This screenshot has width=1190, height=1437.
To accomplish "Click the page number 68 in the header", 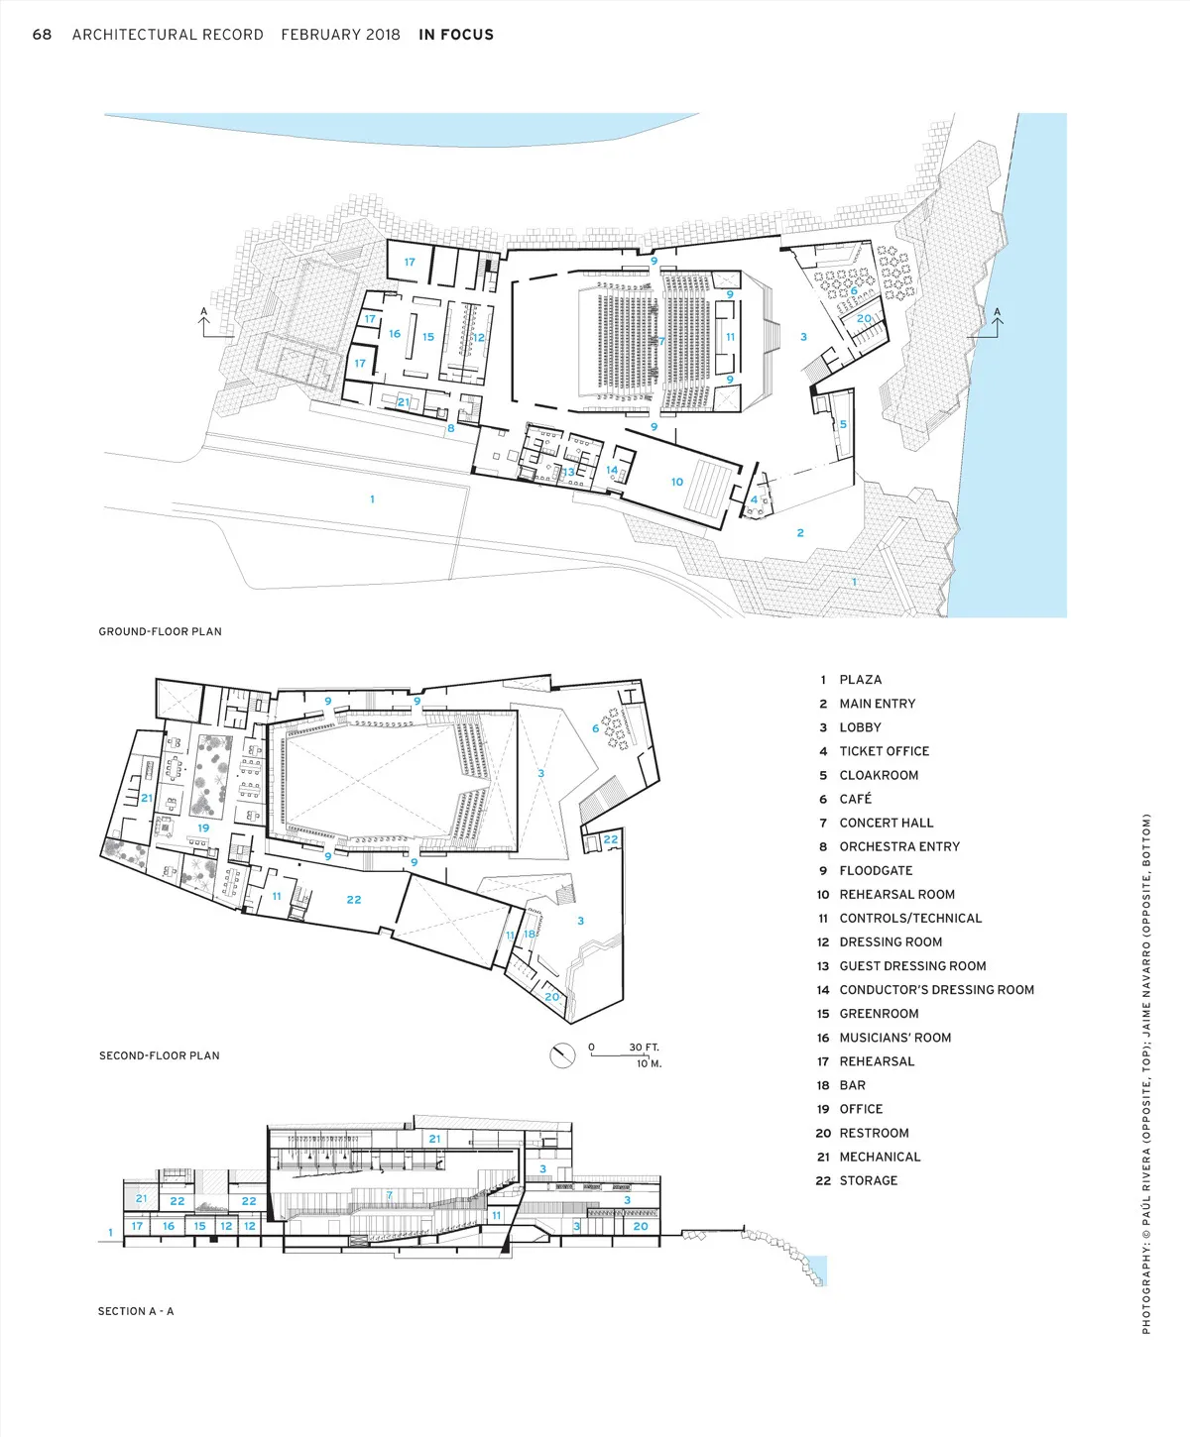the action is [x=42, y=35].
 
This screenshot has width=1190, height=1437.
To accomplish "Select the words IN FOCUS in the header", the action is [x=456, y=35].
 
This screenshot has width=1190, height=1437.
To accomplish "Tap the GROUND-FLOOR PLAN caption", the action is [x=160, y=631].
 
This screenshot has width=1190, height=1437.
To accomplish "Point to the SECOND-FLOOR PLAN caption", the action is [x=159, y=1055].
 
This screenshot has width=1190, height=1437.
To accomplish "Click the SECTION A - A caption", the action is [x=136, y=1311].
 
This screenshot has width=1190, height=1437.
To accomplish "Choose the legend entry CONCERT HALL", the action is [x=887, y=823].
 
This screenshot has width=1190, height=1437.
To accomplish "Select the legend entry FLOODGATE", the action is [x=876, y=870].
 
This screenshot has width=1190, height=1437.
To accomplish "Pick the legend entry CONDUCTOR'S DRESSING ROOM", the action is [x=936, y=990].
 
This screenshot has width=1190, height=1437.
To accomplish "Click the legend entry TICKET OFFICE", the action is [x=885, y=751].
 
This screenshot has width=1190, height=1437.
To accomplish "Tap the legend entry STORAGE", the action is [x=869, y=1180].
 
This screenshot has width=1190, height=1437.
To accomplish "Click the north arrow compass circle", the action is [x=562, y=1055].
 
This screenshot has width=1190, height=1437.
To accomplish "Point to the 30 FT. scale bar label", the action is [x=644, y=1047].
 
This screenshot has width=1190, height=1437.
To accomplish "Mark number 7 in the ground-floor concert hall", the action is [x=661, y=341].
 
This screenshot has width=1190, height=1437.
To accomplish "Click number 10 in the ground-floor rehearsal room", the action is [x=677, y=482].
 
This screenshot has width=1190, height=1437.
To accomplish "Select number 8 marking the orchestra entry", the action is [x=451, y=428].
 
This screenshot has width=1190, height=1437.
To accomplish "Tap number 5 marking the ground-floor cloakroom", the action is [x=843, y=424].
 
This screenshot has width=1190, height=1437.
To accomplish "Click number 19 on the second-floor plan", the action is [x=203, y=828].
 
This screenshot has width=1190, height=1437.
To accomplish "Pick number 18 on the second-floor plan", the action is [x=529, y=934].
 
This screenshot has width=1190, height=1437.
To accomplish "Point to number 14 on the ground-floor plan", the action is [x=612, y=470].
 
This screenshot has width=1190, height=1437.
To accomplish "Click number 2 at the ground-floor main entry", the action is [x=800, y=533].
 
